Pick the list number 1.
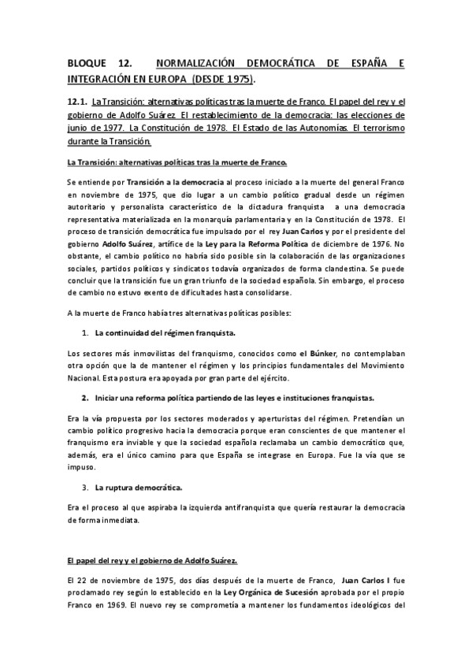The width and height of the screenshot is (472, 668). pos(85,333)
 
